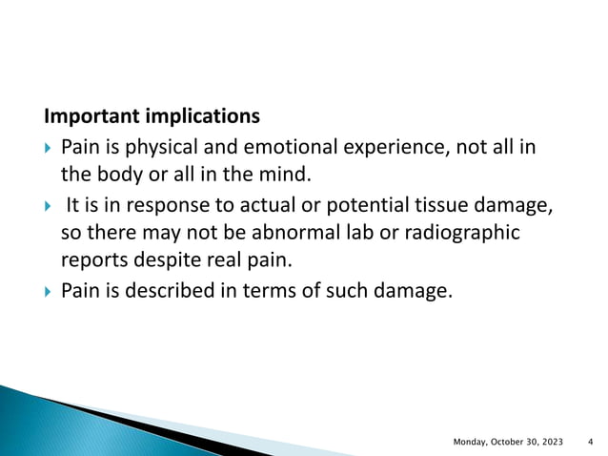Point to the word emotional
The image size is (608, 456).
point(270,148)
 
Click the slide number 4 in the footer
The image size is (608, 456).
point(591,441)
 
